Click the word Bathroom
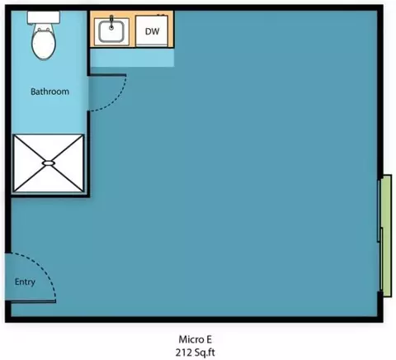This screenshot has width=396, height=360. [49, 92]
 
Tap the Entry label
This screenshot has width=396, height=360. [25, 282]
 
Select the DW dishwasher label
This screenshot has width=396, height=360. [152, 31]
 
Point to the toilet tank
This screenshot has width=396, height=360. [44, 17]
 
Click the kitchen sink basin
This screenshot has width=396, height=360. [111, 31]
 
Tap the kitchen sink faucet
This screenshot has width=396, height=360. [111, 22]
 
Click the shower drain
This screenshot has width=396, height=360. [49, 163]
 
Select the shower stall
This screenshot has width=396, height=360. [49, 163]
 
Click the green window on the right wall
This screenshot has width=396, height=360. [386, 235]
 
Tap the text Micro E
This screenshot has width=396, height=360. [196, 339]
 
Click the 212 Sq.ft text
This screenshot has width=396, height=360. [196, 353]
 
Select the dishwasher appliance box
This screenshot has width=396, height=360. [152, 31]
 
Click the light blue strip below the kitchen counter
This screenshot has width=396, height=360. [132, 58]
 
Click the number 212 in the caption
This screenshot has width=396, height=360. [183, 353]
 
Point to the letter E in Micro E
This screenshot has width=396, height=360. [209, 339]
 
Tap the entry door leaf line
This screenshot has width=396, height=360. [33, 301]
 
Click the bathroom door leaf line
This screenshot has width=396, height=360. [108, 74]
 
